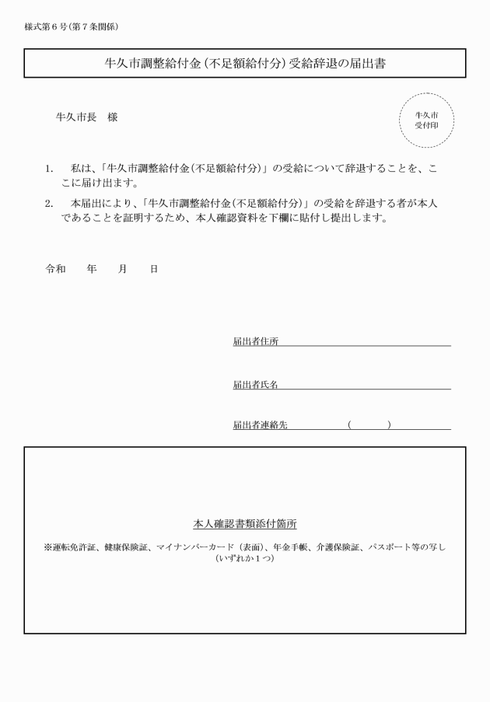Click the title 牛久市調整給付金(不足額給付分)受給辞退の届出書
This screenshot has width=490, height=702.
pos(245,64)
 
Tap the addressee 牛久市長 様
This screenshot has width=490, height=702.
pos(87,117)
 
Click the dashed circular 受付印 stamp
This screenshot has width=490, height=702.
pos(426,120)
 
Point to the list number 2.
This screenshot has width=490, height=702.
pos(49,204)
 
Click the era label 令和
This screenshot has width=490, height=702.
pos(56,269)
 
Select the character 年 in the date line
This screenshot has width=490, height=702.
pos(92,269)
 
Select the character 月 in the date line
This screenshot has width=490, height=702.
pos(122,269)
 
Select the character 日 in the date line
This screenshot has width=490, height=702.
pos(153,269)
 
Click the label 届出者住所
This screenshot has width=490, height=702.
pos(255,341)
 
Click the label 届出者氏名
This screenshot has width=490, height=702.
pos(255,384)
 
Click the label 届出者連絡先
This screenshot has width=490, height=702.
pos(260,424)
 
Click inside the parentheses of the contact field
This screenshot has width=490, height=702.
pos(369,424)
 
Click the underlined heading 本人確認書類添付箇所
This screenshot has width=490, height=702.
pos(245,524)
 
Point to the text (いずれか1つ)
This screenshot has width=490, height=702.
pos(245,558)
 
